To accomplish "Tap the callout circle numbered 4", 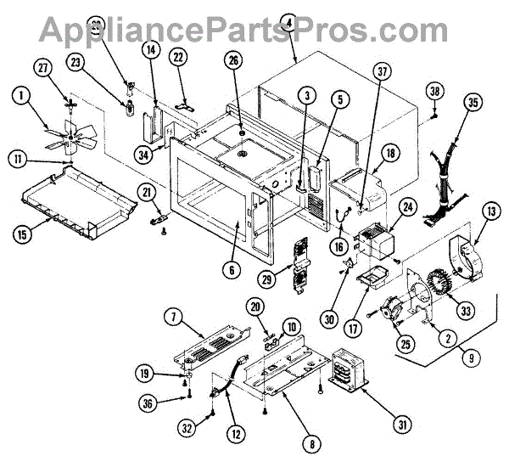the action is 290,25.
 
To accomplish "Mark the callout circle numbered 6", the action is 228,270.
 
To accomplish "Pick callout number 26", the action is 232,60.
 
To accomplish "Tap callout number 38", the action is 435,91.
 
